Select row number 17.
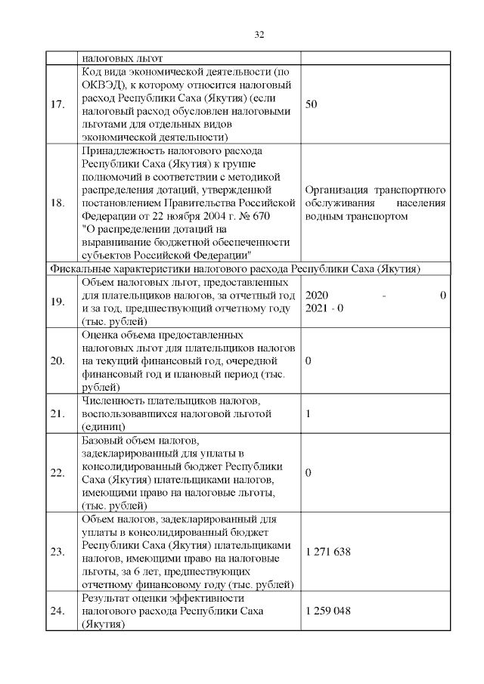[57, 104]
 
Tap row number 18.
[57, 204]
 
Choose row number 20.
[57, 361]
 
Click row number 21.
[57, 414]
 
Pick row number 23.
[57, 552]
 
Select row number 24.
[57, 611]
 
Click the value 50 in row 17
[311, 104]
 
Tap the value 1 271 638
[328, 552]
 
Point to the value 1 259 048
[328, 611]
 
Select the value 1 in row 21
[309, 414]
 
